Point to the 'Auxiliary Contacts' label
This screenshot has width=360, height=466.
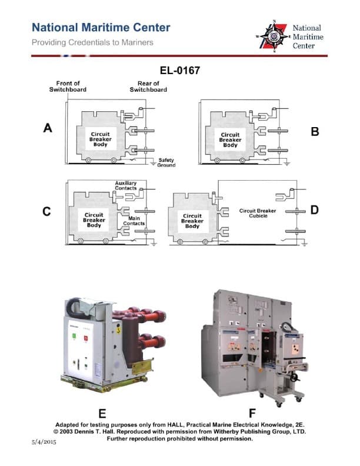coord(126,185)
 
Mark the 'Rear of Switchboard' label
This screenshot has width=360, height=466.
coord(148,86)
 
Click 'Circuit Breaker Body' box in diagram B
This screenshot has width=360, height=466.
coord(230,139)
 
